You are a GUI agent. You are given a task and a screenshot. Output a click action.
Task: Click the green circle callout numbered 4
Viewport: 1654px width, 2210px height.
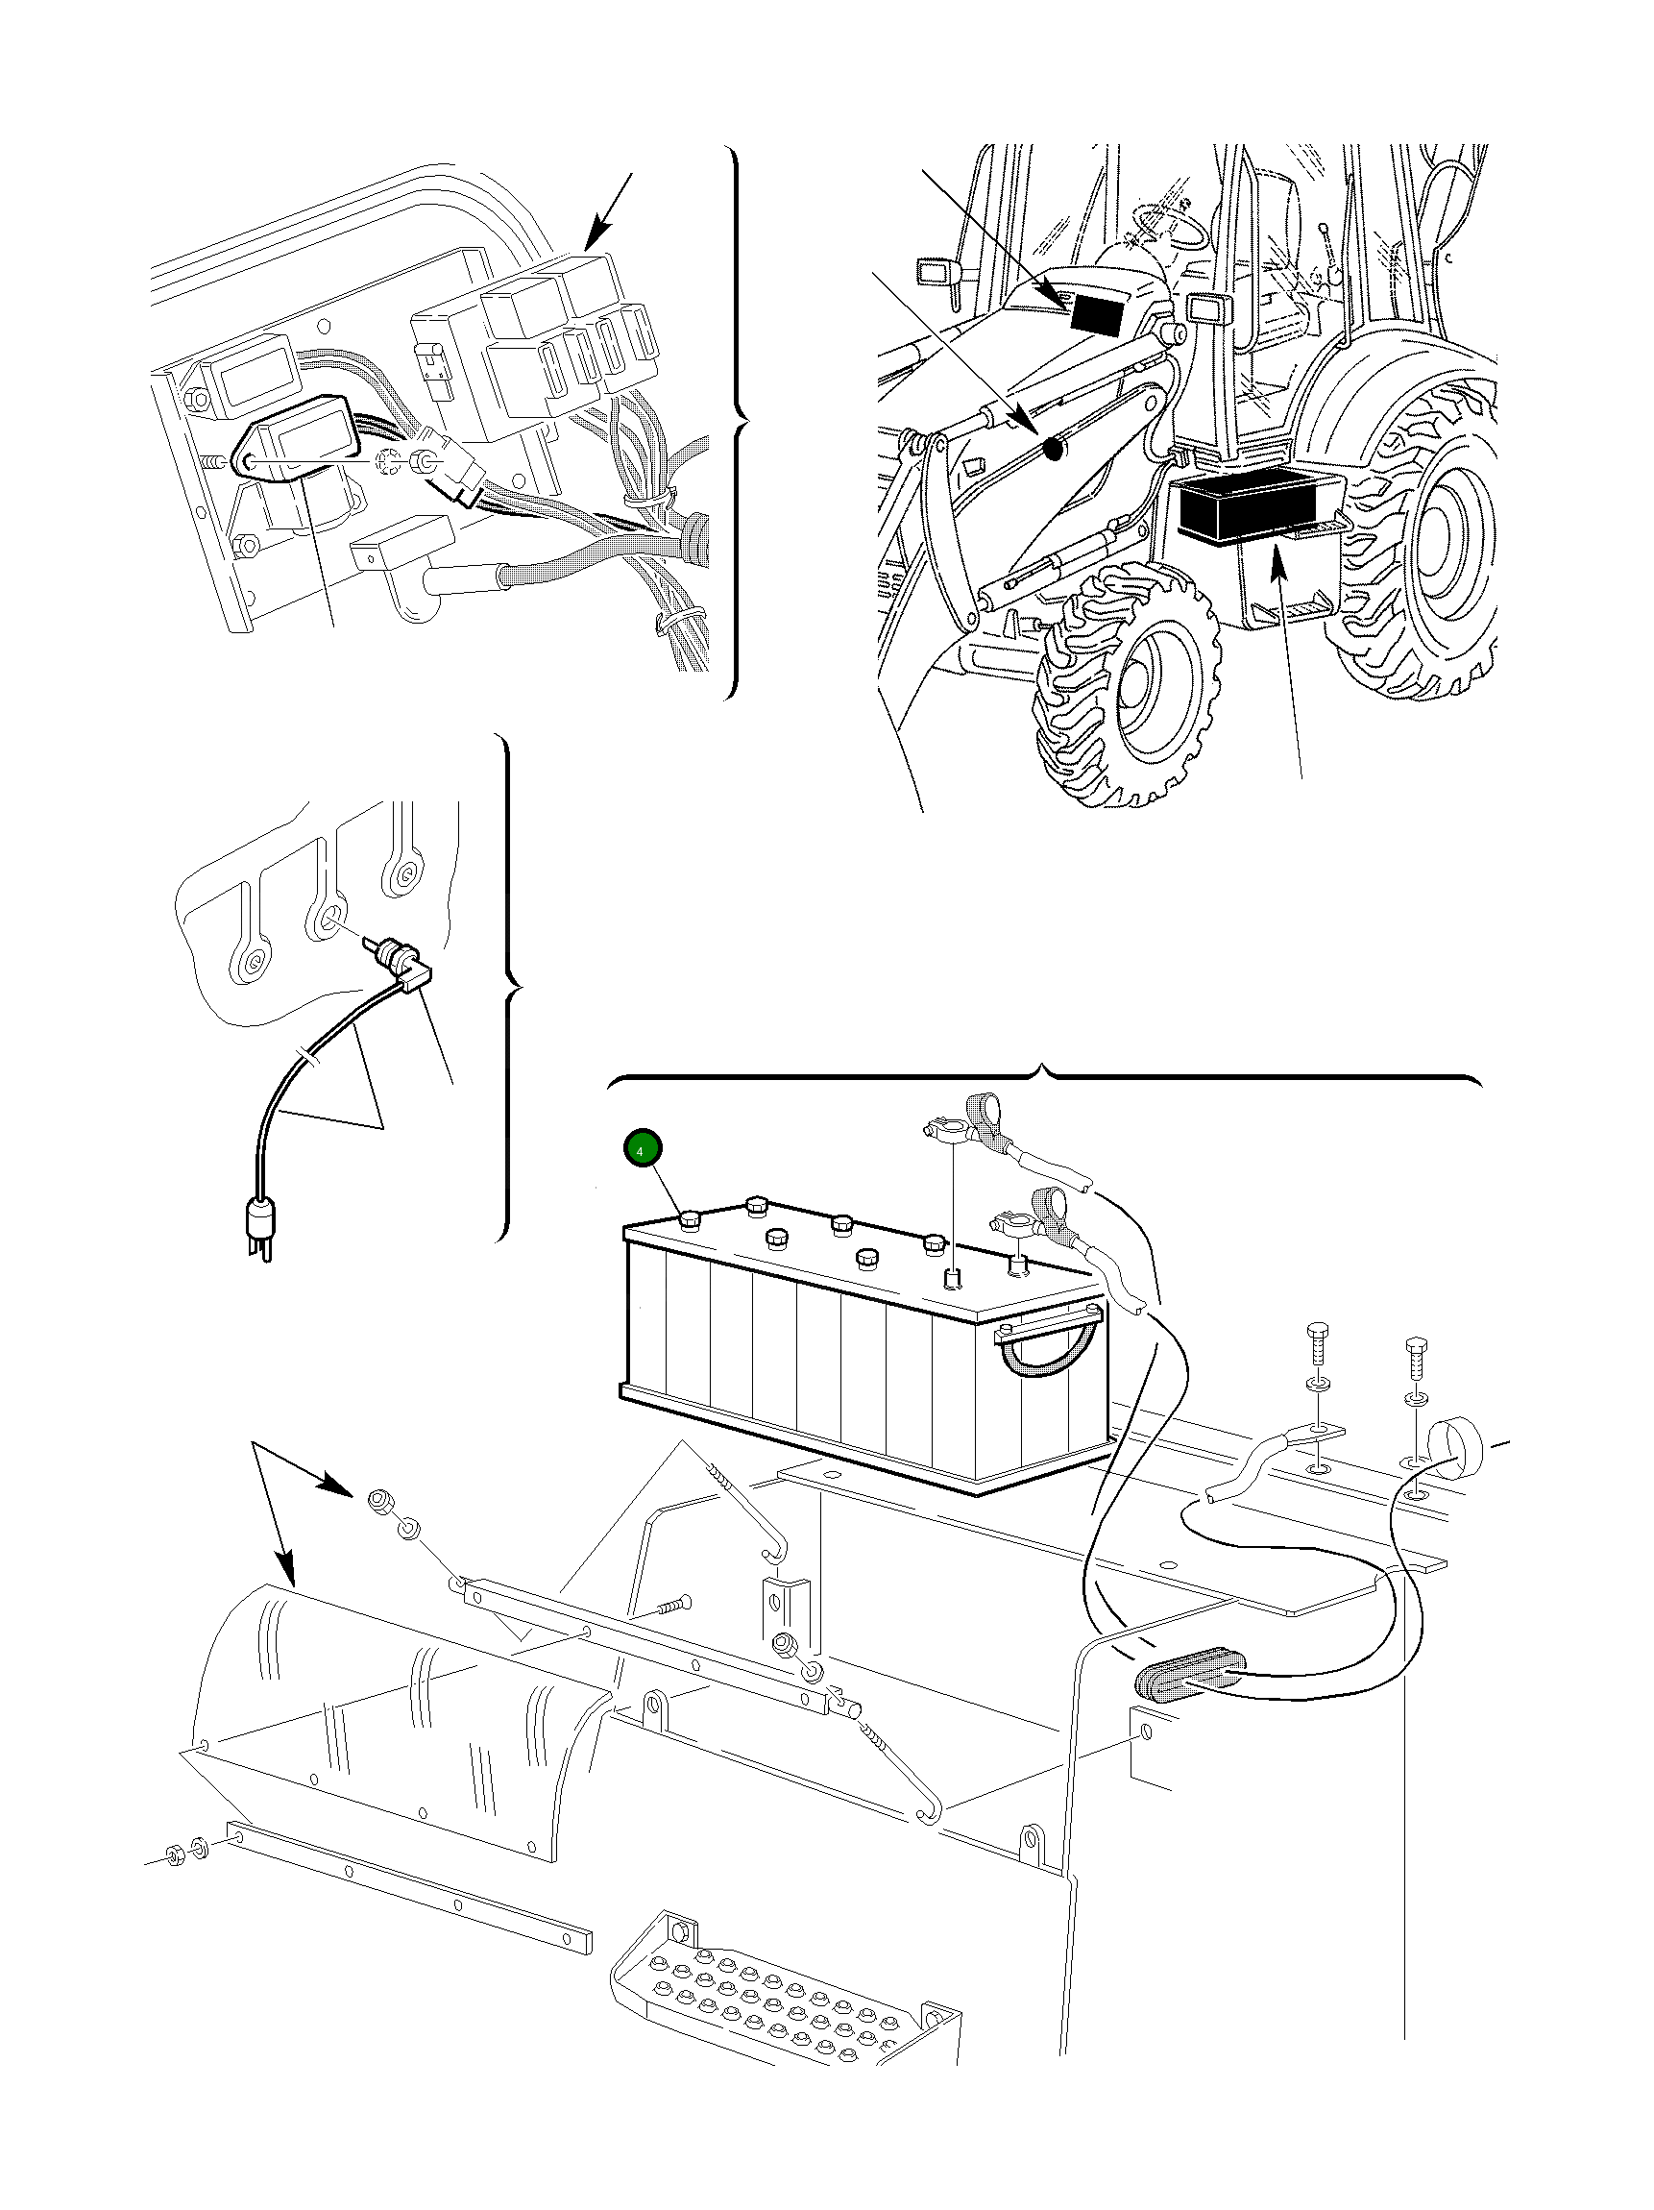click(642, 1149)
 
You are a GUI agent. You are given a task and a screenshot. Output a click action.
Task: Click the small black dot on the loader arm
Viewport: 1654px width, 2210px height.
click(1052, 450)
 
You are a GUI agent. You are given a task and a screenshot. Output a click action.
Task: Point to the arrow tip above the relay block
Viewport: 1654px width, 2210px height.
click(590, 246)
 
